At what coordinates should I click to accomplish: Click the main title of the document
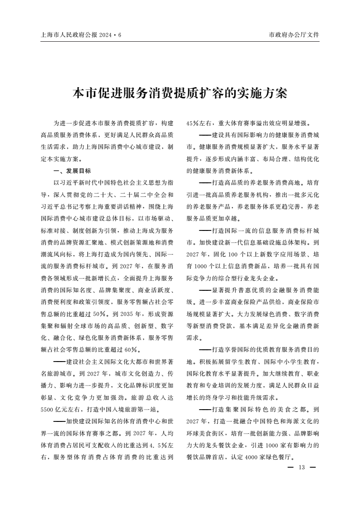[180, 93]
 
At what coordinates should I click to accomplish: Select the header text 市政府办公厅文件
[294, 35]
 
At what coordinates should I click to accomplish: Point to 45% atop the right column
[194, 123]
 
